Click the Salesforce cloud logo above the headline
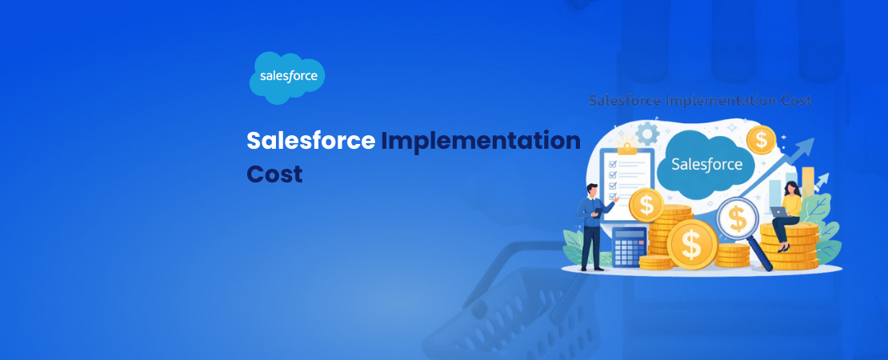(287, 78)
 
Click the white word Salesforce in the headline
(310, 140)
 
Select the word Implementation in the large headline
(480, 141)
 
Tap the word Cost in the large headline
(274, 174)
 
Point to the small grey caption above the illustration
(700, 101)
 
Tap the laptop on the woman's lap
(777, 212)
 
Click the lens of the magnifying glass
(738, 218)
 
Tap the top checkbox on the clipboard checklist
(612, 164)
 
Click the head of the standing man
(592, 190)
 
